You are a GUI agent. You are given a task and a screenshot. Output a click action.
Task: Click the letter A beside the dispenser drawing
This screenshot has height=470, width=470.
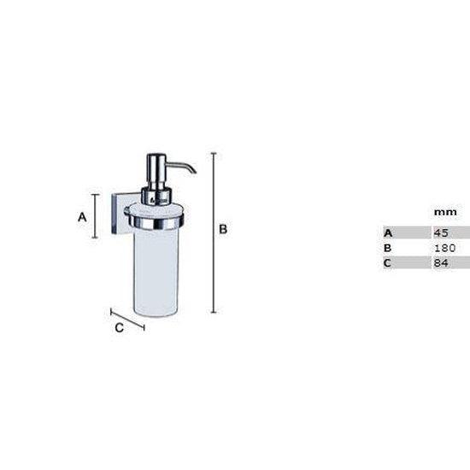click(83, 217)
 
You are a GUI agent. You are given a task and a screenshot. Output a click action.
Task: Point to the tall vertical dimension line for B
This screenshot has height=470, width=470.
click(213, 231)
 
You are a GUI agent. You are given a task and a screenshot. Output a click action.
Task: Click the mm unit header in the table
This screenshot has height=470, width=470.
click(444, 211)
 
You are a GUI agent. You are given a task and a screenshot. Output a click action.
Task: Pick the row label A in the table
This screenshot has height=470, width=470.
click(387, 232)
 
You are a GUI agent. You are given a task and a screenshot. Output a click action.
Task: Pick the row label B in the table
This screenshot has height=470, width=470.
click(387, 248)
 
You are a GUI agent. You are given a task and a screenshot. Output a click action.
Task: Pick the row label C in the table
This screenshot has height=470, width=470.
click(387, 263)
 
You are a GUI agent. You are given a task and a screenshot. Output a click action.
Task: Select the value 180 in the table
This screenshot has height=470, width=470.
click(445, 248)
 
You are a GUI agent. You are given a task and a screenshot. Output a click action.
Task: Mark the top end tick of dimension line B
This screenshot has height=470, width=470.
click(213, 153)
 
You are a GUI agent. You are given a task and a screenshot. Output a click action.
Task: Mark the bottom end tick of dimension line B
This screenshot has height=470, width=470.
click(213, 313)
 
